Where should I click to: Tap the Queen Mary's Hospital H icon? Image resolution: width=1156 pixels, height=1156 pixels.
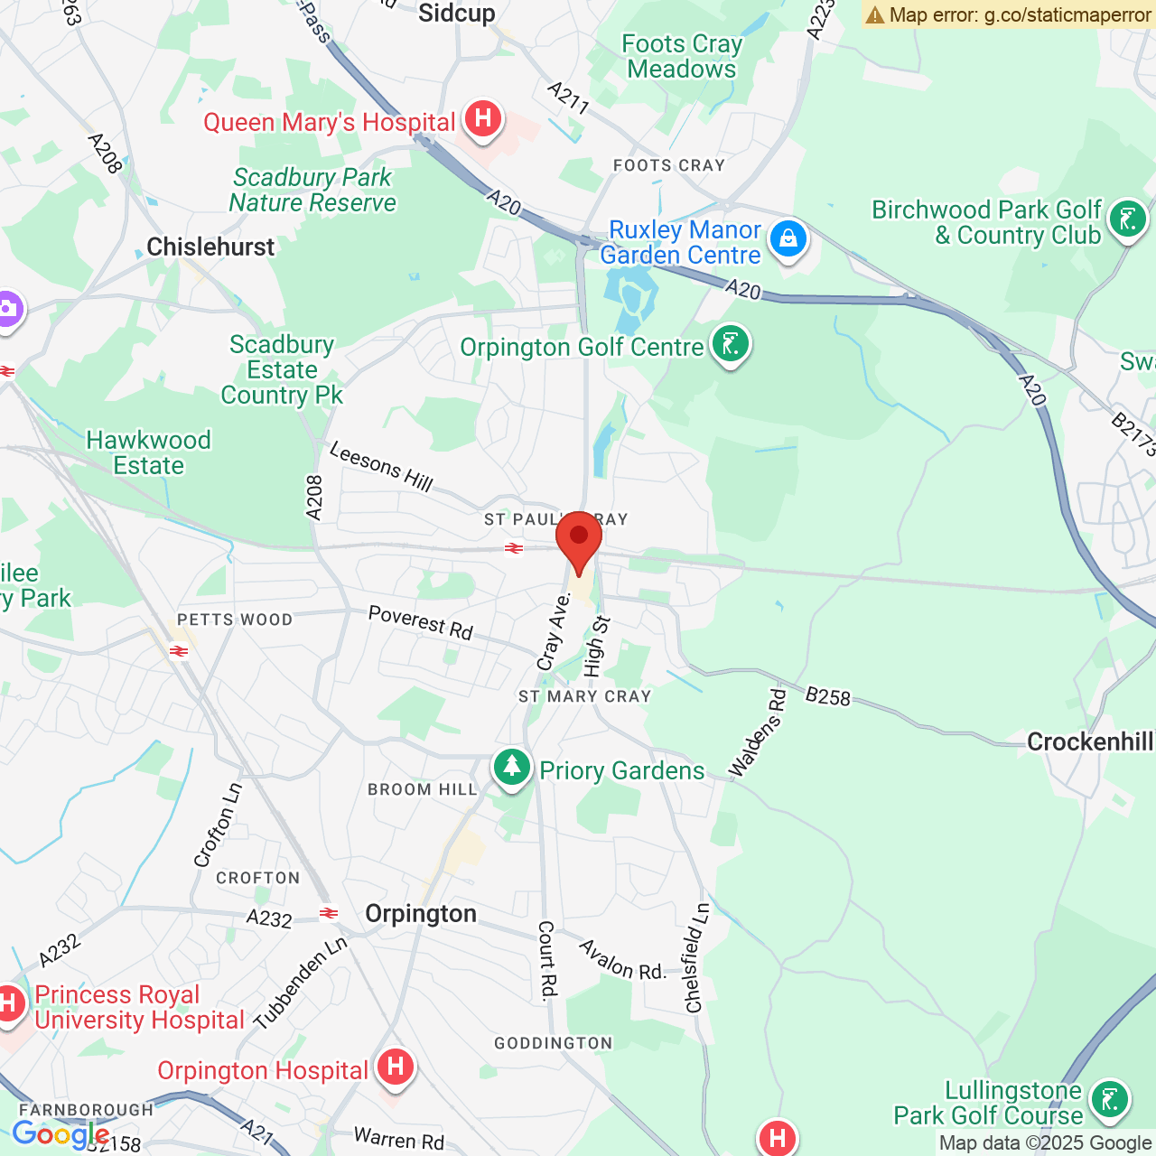483,118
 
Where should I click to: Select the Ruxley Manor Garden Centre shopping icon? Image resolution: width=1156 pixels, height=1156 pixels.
788,239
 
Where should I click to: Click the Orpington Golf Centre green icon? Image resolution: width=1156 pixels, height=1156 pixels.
731,345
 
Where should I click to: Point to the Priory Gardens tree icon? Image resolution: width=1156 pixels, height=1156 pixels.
512,768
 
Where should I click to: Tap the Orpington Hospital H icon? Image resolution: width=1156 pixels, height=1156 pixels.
395,1068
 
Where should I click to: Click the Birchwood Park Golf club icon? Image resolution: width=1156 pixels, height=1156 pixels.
1127,219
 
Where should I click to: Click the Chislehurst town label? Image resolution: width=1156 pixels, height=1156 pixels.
210,247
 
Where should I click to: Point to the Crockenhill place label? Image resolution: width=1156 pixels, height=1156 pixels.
1090,742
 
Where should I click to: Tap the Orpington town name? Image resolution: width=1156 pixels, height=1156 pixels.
421,914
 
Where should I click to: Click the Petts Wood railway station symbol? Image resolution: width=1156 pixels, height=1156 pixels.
179,651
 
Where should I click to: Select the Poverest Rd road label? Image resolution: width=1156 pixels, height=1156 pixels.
421,622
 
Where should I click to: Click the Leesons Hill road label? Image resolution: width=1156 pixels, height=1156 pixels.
381,465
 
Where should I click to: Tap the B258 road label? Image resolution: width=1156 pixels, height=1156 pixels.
827,696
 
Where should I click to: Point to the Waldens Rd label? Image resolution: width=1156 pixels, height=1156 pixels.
758,733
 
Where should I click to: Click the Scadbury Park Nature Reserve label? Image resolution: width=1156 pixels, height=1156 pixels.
312,190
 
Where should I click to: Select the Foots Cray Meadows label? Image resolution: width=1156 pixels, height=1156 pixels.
682,56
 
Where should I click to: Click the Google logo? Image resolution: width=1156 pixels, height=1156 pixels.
60,1134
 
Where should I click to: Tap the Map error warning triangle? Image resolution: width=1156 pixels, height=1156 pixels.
874,14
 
